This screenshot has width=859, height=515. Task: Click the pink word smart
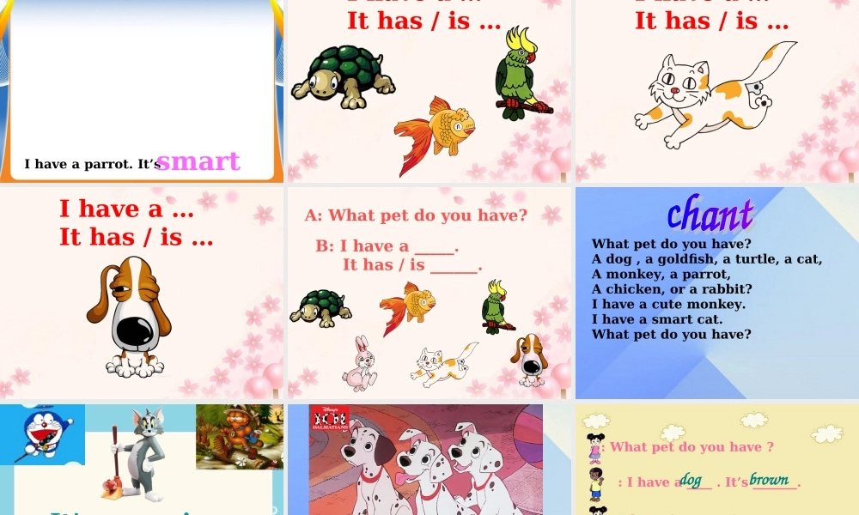[x=198, y=161]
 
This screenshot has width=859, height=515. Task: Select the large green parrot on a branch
[x=518, y=75]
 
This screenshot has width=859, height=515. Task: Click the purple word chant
[x=710, y=215]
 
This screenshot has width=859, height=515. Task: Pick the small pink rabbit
[x=359, y=363]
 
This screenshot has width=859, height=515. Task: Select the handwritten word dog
[x=691, y=480]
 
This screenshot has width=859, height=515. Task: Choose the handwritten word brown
[x=769, y=480]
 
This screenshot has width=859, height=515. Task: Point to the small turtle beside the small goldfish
[x=321, y=308]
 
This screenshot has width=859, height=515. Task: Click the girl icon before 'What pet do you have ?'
[x=594, y=447]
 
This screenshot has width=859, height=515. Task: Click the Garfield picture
[x=239, y=436]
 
